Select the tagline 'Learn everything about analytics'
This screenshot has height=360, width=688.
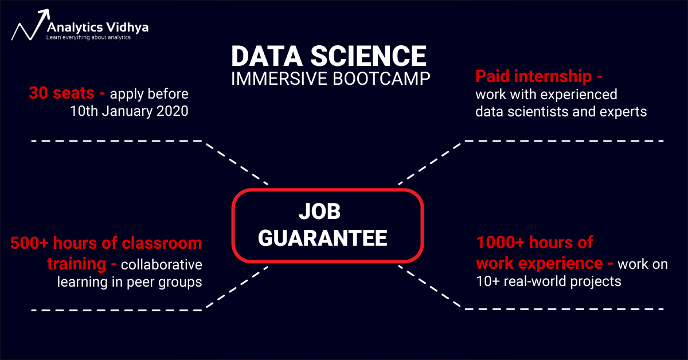pos(88,37)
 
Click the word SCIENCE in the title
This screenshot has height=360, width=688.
pos(368,56)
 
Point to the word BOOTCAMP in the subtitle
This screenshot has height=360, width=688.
pos(381,79)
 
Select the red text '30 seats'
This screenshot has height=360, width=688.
pos(62,93)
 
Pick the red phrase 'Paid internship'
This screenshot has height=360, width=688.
pos(534,76)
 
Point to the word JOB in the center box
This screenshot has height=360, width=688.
pos(320,212)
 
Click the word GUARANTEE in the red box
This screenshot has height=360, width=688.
pos(322,238)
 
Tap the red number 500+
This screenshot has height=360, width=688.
pos(29,243)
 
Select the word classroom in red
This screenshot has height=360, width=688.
pos(162,243)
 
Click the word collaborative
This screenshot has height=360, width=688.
pos(162,264)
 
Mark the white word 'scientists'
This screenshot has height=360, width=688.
pos(538,112)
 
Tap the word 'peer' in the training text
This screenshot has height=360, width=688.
pos(140,282)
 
